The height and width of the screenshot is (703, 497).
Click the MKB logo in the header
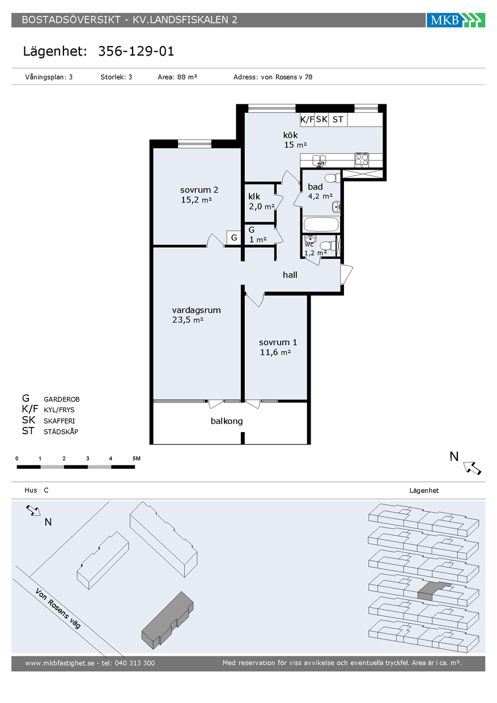click(x=456, y=20)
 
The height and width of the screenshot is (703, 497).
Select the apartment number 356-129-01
click(x=136, y=51)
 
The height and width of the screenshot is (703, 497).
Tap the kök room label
click(x=290, y=135)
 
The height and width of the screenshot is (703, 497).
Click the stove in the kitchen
click(x=362, y=160)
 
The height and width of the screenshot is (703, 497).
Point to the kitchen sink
click(x=319, y=160)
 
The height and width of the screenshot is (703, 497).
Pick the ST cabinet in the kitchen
click(x=338, y=120)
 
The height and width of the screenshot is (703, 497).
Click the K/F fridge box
click(x=307, y=120)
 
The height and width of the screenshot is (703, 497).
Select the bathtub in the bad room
click(x=321, y=225)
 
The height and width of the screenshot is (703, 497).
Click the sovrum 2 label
click(x=199, y=190)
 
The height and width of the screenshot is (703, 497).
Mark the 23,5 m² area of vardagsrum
click(x=188, y=320)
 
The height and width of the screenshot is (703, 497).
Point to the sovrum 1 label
click(x=278, y=342)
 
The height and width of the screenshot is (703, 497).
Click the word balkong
click(x=227, y=421)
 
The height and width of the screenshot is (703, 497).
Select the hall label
click(x=290, y=275)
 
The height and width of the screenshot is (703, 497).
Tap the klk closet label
click(x=254, y=197)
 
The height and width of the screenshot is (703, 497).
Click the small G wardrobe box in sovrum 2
click(x=234, y=238)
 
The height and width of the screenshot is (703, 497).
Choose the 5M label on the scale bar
click(x=137, y=459)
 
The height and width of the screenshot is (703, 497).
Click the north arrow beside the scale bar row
click(x=472, y=468)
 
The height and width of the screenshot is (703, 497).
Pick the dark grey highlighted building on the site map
click(x=168, y=620)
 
